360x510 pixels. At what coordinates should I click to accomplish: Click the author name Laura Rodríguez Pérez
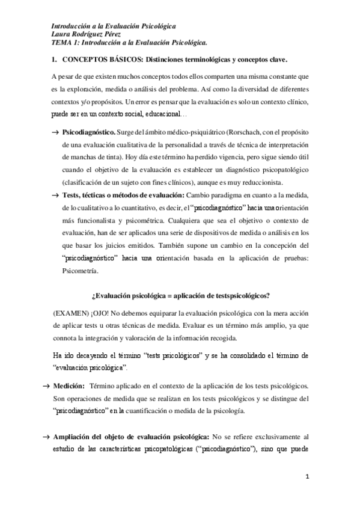click(87, 35)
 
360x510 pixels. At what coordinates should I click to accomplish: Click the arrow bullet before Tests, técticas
click(55, 195)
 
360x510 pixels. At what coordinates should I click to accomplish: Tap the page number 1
click(307, 477)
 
